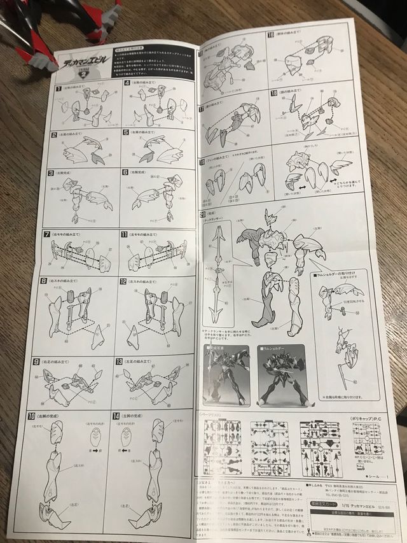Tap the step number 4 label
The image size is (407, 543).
pyautogui.click(x=127, y=83)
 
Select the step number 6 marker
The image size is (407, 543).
pyautogui.click(x=124, y=173)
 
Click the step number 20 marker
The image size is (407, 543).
pyautogui.click(x=203, y=214)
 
